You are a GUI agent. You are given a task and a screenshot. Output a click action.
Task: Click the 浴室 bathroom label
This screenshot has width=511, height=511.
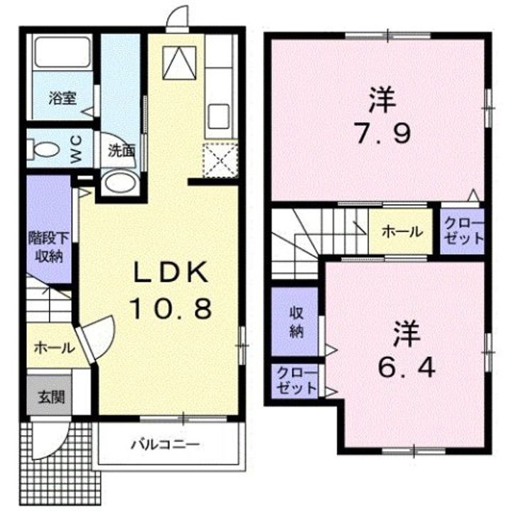(x=63, y=98)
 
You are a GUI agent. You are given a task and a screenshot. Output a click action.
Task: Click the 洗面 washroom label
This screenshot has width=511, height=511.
(x=122, y=151)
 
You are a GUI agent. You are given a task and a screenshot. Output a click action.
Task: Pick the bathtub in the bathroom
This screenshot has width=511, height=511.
(x=63, y=52)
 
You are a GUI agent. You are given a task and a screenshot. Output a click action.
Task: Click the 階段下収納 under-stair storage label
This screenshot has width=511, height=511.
(x=49, y=248)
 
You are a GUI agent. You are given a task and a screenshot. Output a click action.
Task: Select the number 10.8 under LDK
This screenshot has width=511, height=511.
(x=171, y=309)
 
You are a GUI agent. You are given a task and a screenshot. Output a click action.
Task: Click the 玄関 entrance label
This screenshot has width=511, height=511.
(x=51, y=397)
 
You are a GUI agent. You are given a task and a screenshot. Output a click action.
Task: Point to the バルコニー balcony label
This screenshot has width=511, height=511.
(x=165, y=444)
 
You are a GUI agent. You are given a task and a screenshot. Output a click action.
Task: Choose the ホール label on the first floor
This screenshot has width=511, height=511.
(x=54, y=348)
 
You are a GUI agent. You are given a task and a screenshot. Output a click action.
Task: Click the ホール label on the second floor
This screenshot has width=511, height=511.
(x=402, y=231)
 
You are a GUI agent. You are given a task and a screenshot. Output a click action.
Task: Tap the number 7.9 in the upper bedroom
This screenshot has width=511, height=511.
(x=383, y=133)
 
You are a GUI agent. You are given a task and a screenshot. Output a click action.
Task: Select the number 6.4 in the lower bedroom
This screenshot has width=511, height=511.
(x=407, y=368)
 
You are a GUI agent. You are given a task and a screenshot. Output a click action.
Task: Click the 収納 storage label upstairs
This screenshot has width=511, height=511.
(x=297, y=322)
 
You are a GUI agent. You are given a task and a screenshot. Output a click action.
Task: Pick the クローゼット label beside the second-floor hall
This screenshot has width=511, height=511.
(x=463, y=231)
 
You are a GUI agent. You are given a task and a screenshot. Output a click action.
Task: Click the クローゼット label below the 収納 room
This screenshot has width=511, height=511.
(x=296, y=381)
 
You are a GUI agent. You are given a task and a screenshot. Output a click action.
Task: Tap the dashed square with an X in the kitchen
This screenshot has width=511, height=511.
(x=220, y=160)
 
